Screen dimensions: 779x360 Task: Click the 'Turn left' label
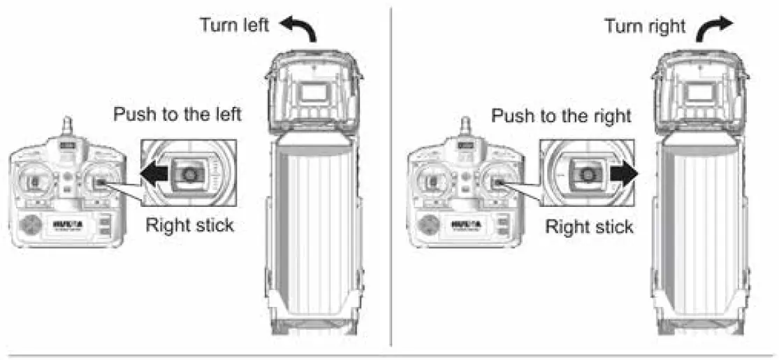[235, 26]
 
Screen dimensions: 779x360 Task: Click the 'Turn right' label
[644, 27]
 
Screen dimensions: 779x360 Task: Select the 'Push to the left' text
[177, 115]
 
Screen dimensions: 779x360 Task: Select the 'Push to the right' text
[562, 115]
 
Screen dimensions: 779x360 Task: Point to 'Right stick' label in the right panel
[589, 226]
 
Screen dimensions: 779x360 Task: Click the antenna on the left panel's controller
[67, 127]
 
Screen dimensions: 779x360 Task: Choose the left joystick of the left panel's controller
[32, 183]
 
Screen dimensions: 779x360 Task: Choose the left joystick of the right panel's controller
[430, 183]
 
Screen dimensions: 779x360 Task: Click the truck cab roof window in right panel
[699, 92]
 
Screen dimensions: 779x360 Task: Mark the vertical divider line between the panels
[391, 175]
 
